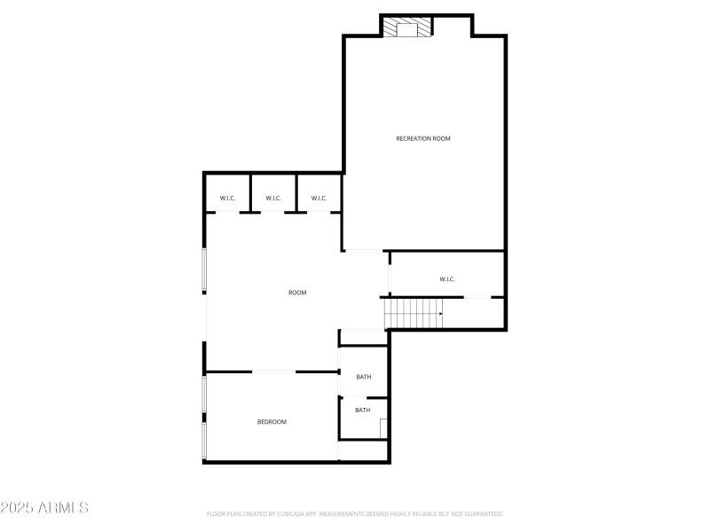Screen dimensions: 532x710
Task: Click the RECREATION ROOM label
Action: (x=423, y=138)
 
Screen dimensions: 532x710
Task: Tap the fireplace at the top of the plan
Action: (x=407, y=27)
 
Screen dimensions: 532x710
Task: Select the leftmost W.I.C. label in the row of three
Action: (x=227, y=198)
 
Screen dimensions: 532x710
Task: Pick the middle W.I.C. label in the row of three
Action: (x=273, y=198)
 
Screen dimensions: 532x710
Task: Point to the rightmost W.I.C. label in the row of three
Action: (x=319, y=198)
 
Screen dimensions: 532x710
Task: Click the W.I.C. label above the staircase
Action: (x=447, y=279)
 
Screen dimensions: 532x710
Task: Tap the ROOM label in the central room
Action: (x=297, y=293)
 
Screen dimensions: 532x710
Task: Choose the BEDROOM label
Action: (x=272, y=422)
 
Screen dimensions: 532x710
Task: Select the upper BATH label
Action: (x=364, y=377)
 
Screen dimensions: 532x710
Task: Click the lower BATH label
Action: (x=363, y=410)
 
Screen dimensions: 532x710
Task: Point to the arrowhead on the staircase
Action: (x=440, y=313)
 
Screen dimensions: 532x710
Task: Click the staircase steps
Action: (x=411, y=313)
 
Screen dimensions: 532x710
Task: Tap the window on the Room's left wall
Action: (x=205, y=270)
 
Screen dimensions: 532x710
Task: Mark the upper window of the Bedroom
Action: (x=205, y=393)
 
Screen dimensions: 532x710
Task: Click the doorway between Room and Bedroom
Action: (x=275, y=372)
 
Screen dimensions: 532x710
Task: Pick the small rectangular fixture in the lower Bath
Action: (x=383, y=428)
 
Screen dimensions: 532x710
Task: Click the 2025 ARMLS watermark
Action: (x=44, y=508)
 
